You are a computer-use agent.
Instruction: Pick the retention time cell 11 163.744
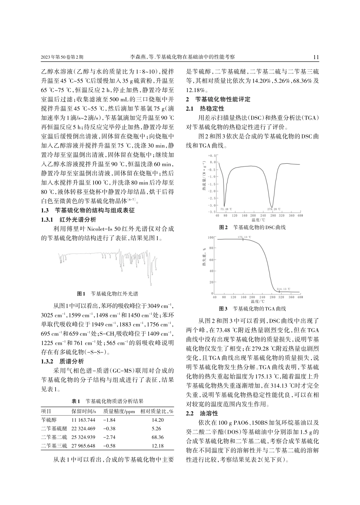pyautogui.click(x=83, y=420)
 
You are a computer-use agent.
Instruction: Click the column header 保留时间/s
pyautogui.click(x=83, y=411)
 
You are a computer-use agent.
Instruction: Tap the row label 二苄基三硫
pyautogui.click(x=54, y=446)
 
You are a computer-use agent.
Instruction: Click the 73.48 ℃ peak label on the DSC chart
pyautogui.click(x=225, y=209)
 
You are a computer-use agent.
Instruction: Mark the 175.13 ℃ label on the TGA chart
pyautogui.click(x=244, y=237)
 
